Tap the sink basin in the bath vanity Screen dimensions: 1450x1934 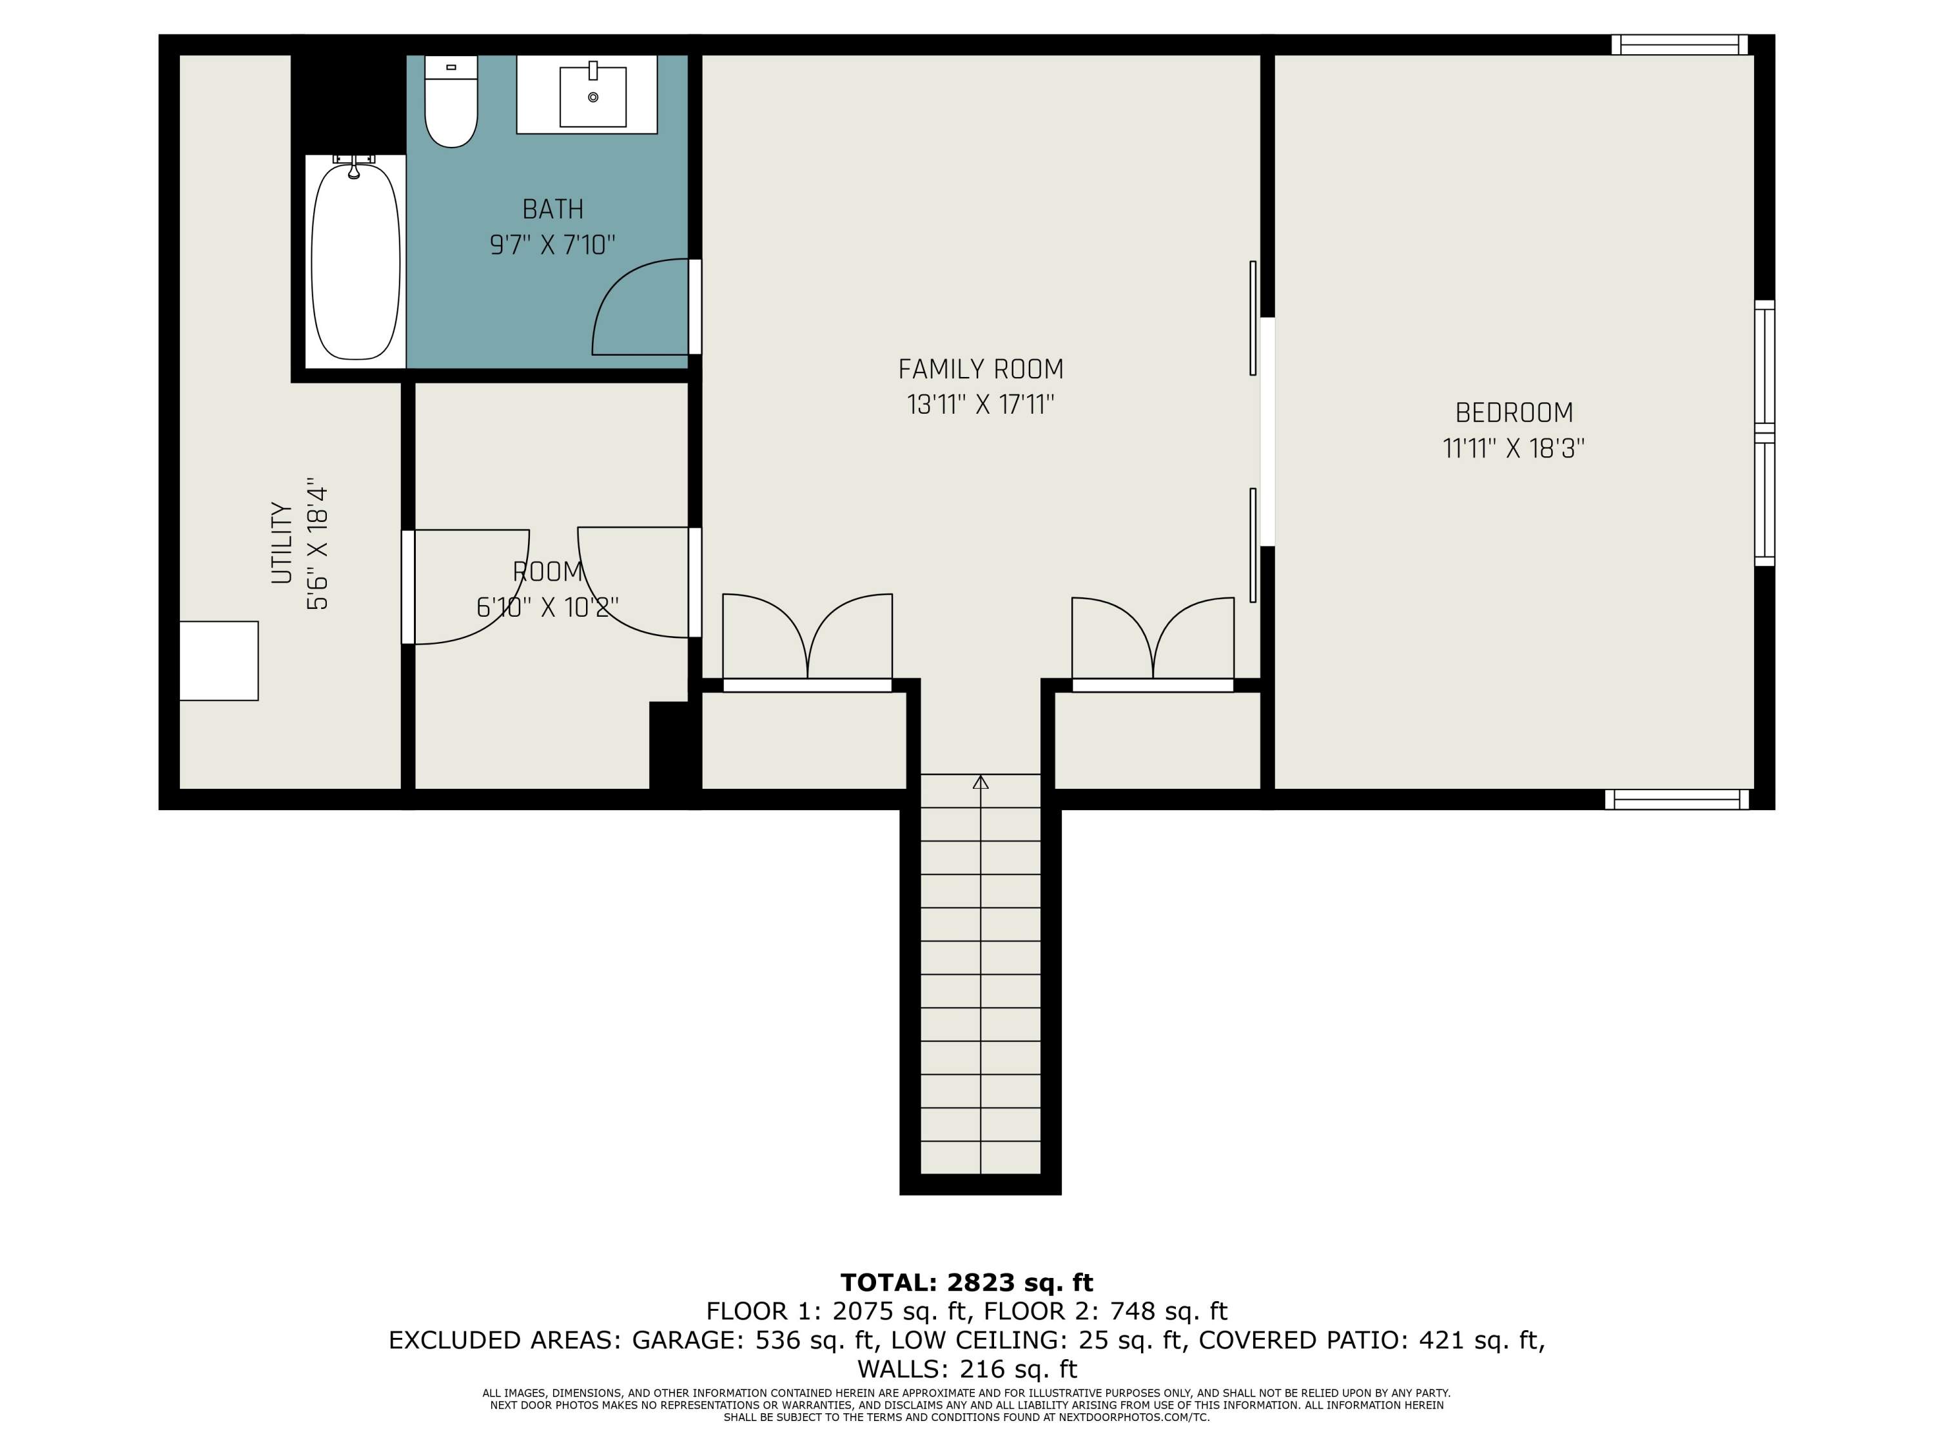tap(593, 96)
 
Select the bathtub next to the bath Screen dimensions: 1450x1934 tap(356, 260)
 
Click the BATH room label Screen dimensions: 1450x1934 tap(552, 209)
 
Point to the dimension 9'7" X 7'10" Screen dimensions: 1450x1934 tap(552, 245)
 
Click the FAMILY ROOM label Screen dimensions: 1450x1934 tap(980, 370)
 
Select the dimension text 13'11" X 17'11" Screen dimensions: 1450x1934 tap(980, 405)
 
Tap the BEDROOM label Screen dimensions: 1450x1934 tap(1514, 412)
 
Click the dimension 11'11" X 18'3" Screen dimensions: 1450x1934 tap(1514, 449)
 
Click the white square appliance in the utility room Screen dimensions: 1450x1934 tap(219, 661)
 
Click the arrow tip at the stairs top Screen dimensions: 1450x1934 tap(980, 780)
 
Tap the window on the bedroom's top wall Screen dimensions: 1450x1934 tap(1679, 44)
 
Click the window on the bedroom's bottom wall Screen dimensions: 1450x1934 tap(1676, 800)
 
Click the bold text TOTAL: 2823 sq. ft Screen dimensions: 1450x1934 tap(966, 1283)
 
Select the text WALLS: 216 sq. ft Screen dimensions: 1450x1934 tap(966, 1369)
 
